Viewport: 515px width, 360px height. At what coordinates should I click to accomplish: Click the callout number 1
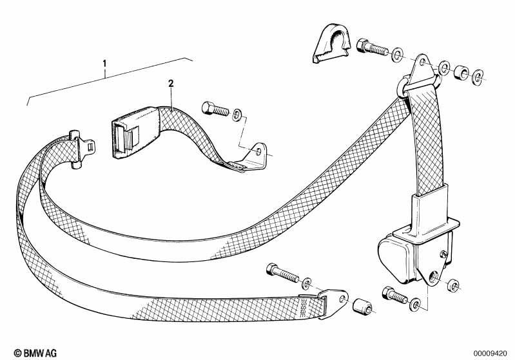point(105,62)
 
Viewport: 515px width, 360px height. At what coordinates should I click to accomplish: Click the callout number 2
point(170,83)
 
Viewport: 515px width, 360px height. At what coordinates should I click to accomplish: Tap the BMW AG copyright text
point(35,353)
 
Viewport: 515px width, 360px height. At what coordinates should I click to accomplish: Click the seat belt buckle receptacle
point(135,132)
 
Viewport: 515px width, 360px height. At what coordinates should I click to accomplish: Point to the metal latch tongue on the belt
point(81,149)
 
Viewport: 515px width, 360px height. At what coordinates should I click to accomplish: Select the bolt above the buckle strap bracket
point(215,109)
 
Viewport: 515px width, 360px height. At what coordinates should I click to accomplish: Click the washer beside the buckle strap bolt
point(237,115)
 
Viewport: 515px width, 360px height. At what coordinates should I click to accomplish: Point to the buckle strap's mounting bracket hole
point(259,151)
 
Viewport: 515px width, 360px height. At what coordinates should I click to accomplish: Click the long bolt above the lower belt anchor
point(283,273)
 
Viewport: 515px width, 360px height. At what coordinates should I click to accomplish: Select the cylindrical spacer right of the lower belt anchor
point(362,307)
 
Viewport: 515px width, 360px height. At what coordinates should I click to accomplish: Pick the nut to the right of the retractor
point(454,285)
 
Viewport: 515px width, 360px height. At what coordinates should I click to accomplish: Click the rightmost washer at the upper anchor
point(478,77)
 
